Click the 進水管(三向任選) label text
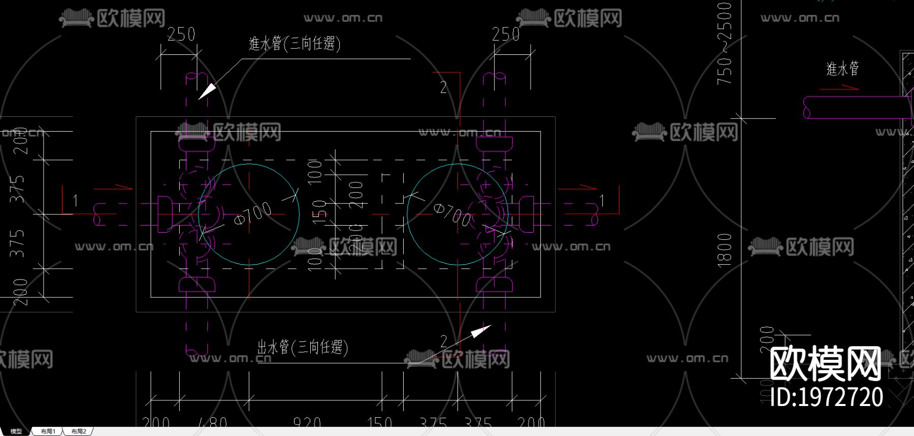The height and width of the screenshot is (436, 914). click(x=295, y=44)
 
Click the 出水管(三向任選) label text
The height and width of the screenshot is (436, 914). click(x=303, y=347)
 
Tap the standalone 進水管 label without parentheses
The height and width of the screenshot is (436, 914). click(x=842, y=69)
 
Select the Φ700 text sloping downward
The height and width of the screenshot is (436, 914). click(x=452, y=214)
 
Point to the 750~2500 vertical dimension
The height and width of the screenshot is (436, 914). click(x=725, y=44)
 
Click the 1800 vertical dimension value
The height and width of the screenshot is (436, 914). click(x=725, y=250)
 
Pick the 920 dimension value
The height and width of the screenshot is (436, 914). click(x=307, y=422)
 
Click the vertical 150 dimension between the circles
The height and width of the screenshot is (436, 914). click(x=319, y=212)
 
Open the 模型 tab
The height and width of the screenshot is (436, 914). click(x=16, y=431)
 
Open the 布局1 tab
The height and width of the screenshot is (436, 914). click(x=48, y=431)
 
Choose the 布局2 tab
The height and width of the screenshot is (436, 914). click(x=79, y=431)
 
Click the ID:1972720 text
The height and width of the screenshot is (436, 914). click(x=827, y=397)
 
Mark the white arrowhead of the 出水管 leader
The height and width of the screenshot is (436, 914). click(x=480, y=331)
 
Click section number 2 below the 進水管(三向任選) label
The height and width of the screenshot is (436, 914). click(x=443, y=87)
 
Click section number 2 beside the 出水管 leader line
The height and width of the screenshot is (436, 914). click(x=443, y=340)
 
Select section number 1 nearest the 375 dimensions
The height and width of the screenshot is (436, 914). click(x=75, y=201)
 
